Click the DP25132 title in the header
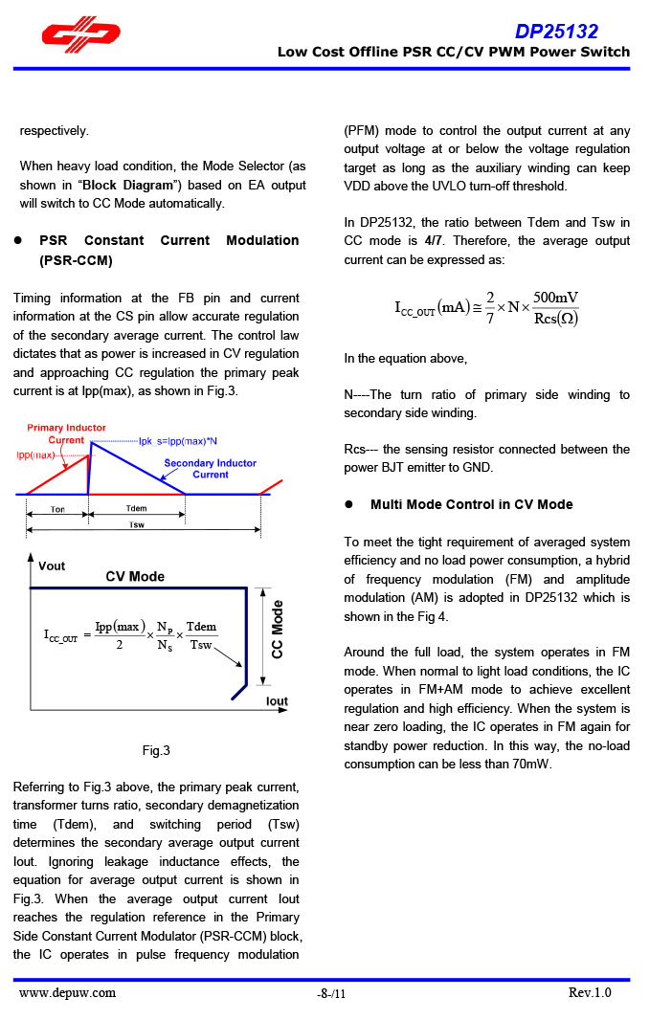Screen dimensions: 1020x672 tap(556, 32)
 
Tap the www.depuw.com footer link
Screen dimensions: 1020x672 tap(67, 992)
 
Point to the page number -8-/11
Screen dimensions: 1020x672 tap(331, 994)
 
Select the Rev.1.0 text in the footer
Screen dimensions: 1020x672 tap(589, 992)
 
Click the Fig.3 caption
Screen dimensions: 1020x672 tap(156, 751)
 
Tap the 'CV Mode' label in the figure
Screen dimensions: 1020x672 tap(135, 576)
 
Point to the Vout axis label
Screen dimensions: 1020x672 tap(52, 565)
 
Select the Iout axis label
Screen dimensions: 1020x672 tap(276, 701)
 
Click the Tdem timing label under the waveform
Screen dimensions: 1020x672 tap(137, 508)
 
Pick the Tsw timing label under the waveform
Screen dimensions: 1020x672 tap(137, 524)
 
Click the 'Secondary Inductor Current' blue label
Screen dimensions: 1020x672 tap(210, 469)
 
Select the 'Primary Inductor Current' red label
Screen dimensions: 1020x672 tap(66, 433)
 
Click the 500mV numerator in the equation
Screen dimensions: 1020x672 tap(555, 298)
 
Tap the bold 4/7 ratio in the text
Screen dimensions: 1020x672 tap(433, 241)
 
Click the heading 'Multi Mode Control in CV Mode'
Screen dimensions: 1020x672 tap(471, 504)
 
